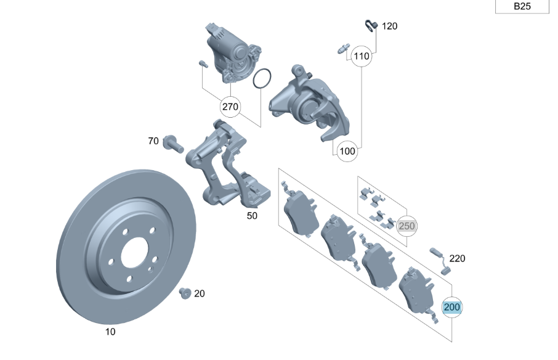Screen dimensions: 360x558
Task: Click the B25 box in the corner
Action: point(521,7)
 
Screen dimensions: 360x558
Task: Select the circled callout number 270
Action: point(230,107)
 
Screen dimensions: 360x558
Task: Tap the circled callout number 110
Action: point(362,56)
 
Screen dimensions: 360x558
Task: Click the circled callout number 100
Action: point(347,150)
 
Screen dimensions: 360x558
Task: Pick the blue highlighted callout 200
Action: point(452,306)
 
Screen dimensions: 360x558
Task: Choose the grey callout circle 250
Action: point(406,226)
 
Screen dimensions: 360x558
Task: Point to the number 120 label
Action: point(390,26)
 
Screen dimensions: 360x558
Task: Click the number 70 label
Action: point(153,141)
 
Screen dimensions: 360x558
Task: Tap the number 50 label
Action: point(253,216)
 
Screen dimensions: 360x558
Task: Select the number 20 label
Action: point(199,293)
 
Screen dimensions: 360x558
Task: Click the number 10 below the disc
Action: point(110,332)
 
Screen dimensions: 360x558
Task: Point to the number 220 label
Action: point(457,258)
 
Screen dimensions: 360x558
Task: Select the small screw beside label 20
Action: point(184,293)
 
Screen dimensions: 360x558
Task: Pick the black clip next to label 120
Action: point(370,25)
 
